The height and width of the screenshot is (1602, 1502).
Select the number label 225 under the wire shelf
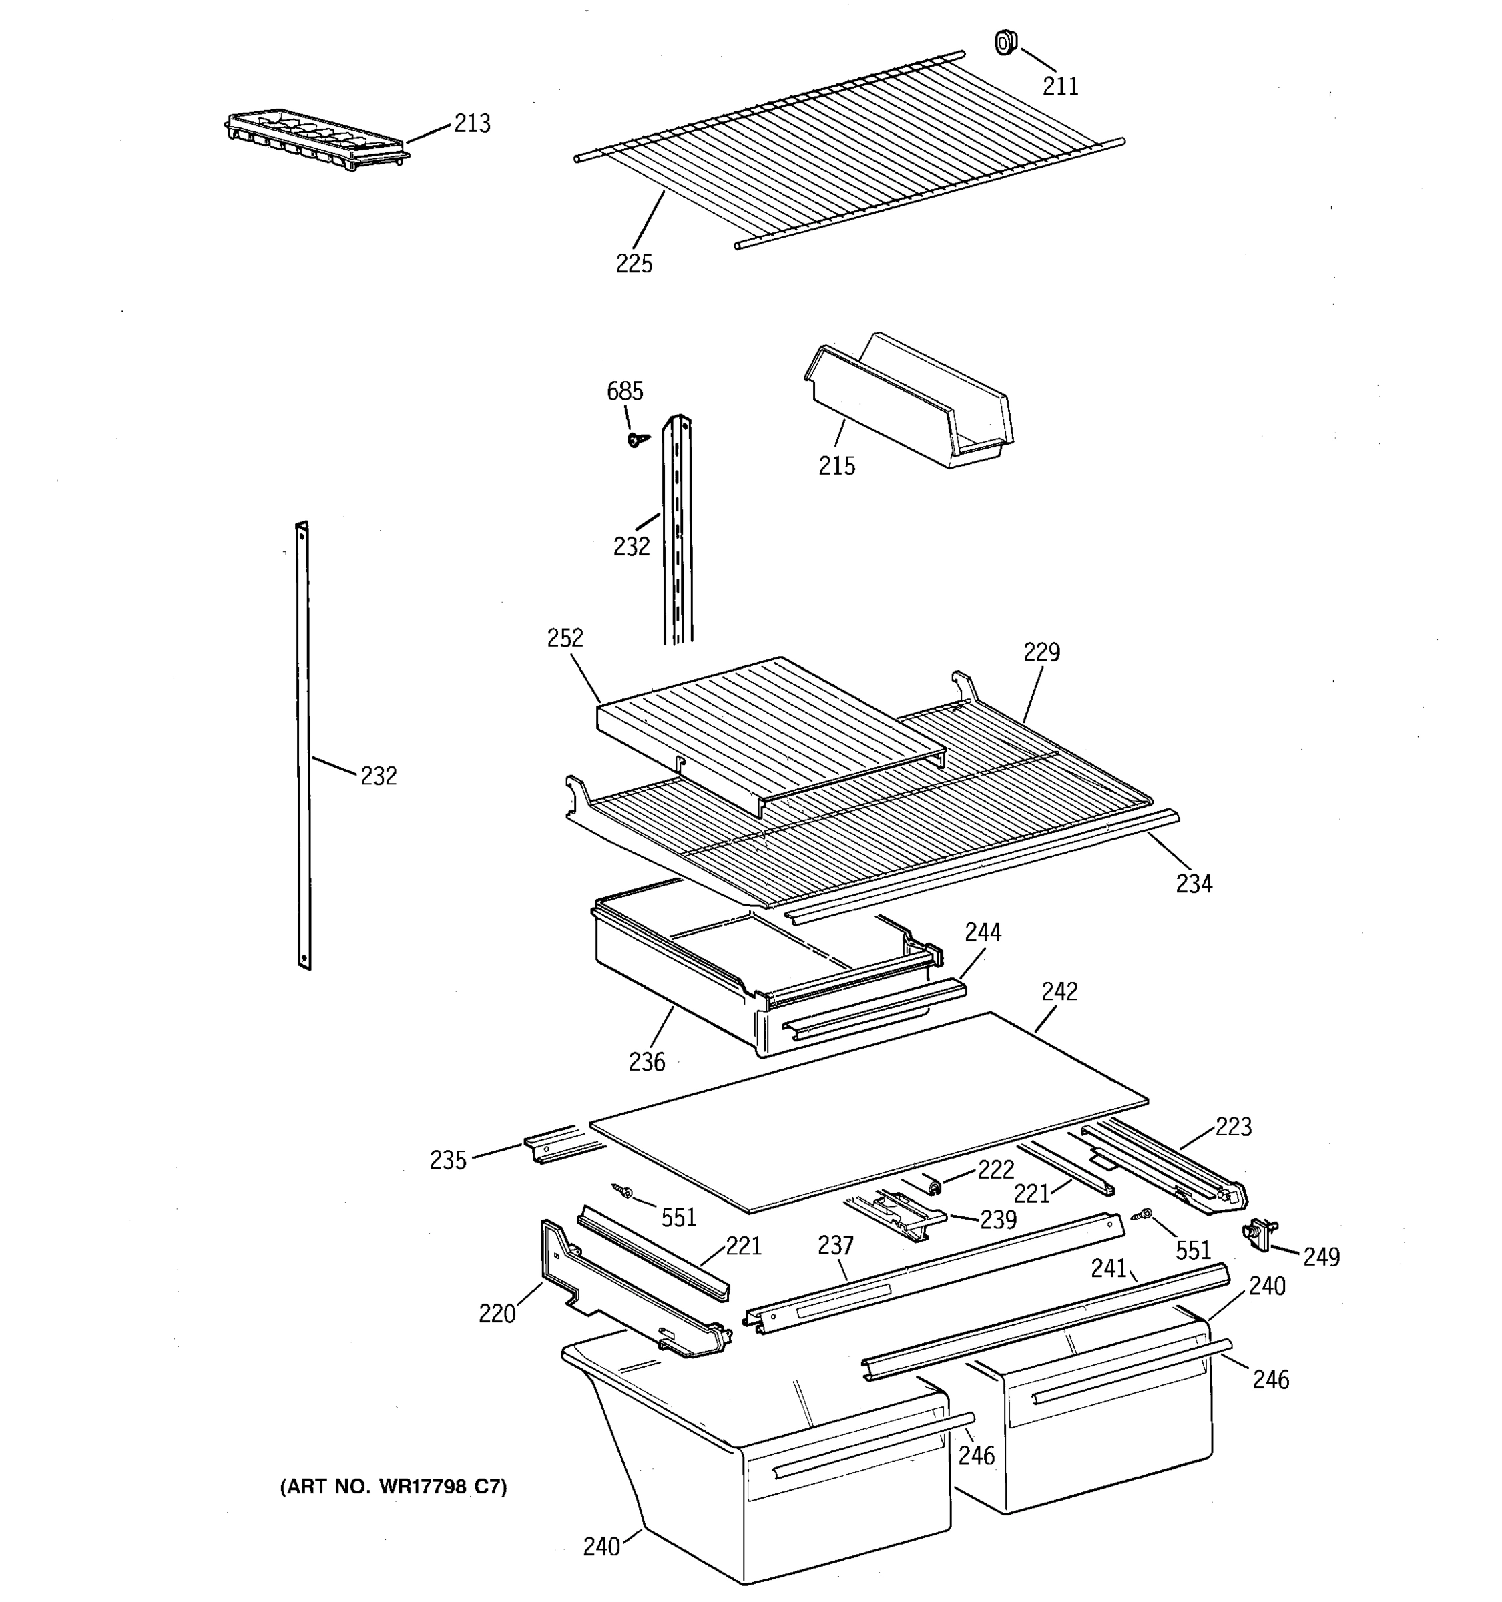[634, 264]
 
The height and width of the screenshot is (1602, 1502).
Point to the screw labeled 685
[637, 439]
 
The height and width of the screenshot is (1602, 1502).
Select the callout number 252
[565, 638]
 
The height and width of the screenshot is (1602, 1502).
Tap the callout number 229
[1041, 652]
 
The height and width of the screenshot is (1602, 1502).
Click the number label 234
[1194, 884]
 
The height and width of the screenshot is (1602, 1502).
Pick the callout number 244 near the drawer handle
[983, 932]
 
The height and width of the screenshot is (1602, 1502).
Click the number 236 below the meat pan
[647, 1062]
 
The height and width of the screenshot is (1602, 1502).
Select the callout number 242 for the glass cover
[1059, 991]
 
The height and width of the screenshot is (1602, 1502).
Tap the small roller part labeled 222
[934, 1185]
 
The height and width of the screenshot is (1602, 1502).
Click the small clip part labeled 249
[1258, 1234]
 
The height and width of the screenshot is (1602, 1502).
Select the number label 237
[835, 1246]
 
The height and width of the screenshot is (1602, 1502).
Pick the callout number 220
[497, 1314]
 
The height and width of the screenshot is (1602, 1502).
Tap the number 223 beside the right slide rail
[1233, 1127]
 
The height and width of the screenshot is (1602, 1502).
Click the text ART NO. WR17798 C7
[393, 1487]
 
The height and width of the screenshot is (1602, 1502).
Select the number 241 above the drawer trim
[1108, 1268]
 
